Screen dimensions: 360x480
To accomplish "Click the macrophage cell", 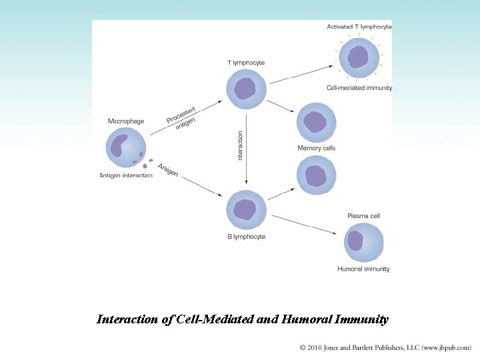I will pyautogui.click(x=125, y=148).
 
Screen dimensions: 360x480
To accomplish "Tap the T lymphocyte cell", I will pyautogui.click(x=246, y=89).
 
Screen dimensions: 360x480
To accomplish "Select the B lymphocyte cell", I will pyautogui.click(x=246, y=210).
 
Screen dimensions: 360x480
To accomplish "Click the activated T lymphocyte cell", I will pyautogui.click(x=359, y=57).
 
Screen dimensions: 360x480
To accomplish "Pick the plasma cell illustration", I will pyautogui.click(x=364, y=242).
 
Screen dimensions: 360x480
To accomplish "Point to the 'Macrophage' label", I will pyautogui.click(x=126, y=121).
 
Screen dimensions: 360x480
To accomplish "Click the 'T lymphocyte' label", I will pyautogui.click(x=246, y=63).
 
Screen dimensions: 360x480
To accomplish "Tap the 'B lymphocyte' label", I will pyautogui.click(x=246, y=237).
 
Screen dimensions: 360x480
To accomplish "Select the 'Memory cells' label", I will pyautogui.click(x=316, y=148).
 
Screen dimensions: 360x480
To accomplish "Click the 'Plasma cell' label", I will pyautogui.click(x=364, y=216).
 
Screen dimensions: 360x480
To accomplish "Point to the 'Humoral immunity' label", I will pyautogui.click(x=363, y=269).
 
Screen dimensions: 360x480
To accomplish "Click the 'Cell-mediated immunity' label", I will pyautogui.click(x=359, y=88).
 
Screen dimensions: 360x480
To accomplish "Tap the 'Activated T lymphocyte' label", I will pyautogui.click(x=359, y=27).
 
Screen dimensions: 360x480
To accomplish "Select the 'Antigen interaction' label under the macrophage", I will pyautogui.click(x=126, y=175).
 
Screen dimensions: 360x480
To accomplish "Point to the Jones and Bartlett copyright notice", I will pyautogui.click(x=385, y=347).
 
